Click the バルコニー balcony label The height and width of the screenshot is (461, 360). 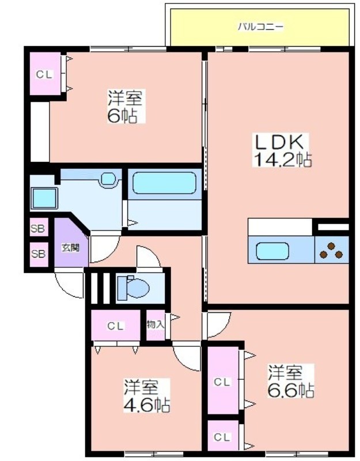pyautogui.click(x=261, y=27)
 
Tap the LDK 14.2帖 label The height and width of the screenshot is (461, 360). pyautogui.click(x=282, y=150)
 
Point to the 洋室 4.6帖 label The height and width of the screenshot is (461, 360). pyautogui.click(x=146, y=396)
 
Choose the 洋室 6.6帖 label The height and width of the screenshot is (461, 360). pyautogui.click(x=291, y=381)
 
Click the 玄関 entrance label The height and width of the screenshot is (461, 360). pyautogui.click(x=70, y=248)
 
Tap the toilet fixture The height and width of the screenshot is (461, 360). pyautogui.click(x=133, y=286)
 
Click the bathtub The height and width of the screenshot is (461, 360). pyautogui.click(x=164, y=183)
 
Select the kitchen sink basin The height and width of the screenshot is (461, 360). pyautogui.click(x=272, y=251)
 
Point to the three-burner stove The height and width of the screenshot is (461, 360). pyautogui.click(x=331, y=250)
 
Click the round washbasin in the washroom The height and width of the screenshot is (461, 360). pyautogui.click(x=108, y=178)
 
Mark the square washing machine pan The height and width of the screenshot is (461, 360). pyautogui.click(x=44, y=198)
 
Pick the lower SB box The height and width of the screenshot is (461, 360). pyautogui.click(x=39, y=254)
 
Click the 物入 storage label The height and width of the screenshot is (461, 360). pyautogui.click(x=155, y=325)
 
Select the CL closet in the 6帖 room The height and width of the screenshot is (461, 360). pyautogui.click(x=45, y=74)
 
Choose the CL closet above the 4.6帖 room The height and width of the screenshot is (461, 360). pyautogui.click(x=116, y=326)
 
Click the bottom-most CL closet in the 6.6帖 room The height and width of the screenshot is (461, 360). pyautogui.click(x=223, y=437)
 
